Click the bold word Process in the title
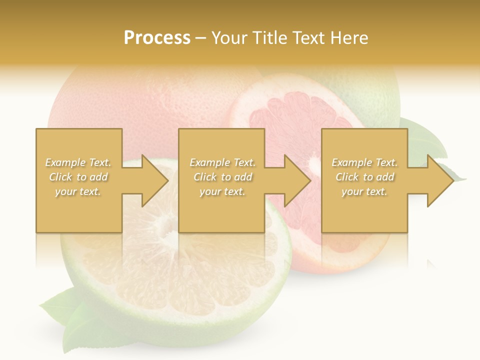click(x=157, y=37)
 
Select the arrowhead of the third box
click(x=440, y=180)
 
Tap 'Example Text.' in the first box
click(x=78, y=162)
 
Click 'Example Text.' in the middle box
click(x=222, y=162)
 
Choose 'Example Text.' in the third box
click(x=364, y=162)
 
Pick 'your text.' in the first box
click(x=78, y=191)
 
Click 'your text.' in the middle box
click(x=222, y=191)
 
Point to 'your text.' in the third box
click(x=364, y=191)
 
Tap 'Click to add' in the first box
click(x=78, y=177)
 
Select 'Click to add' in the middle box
click(x=222, y=177)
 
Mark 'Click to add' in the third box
click(x=364, y=177)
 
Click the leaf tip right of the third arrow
click(x=460, y=177)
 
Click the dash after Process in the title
click(x=201, y=38)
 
